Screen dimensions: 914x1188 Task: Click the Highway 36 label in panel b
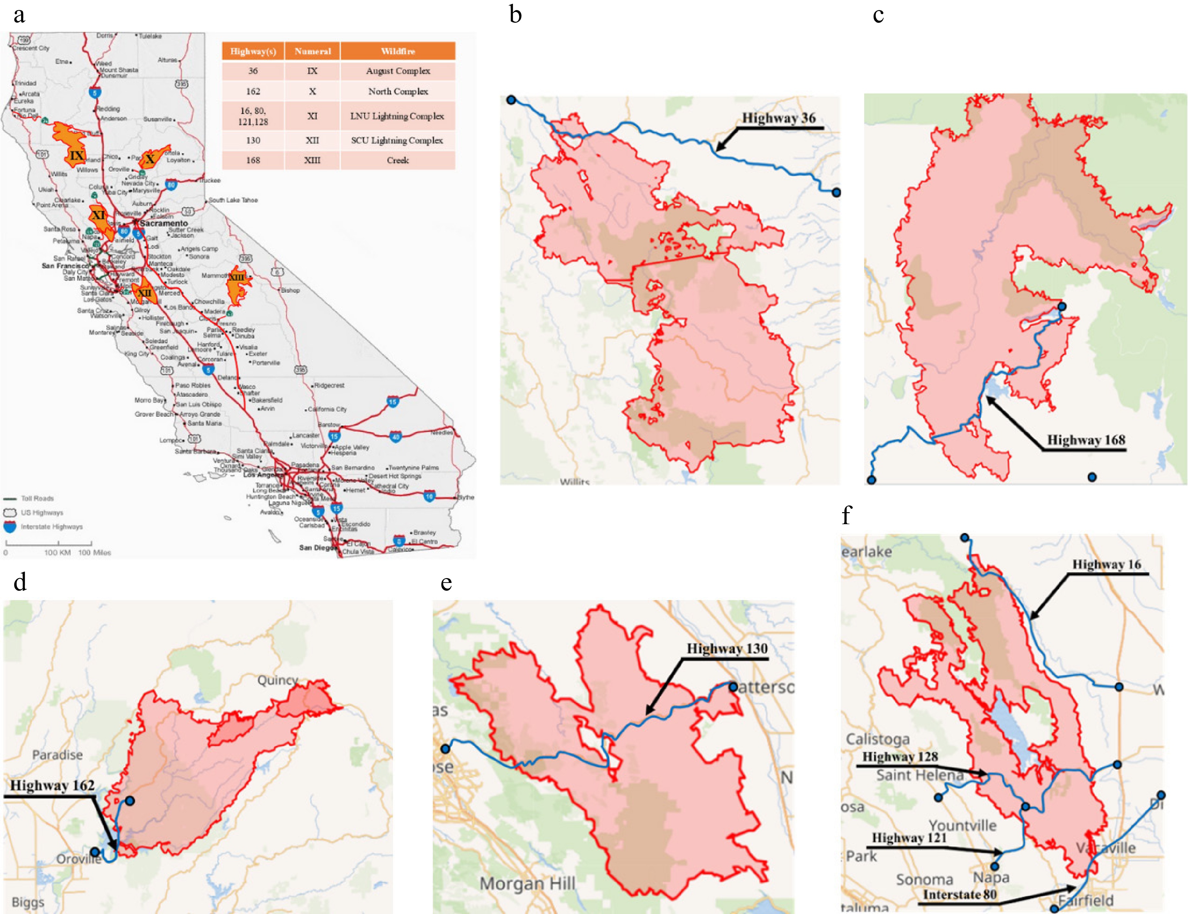click(778, 118)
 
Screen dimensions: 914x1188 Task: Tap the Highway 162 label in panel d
click(52, 785)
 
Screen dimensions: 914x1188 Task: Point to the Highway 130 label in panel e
click(727, 648)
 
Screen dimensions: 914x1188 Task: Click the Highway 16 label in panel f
click(1107, 564)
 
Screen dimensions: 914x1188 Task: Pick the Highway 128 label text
click(900, 756)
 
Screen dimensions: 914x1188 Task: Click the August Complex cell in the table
click(398, 71)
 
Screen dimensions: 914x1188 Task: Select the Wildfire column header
click(398, 51)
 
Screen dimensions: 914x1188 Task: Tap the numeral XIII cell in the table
click(312, 160)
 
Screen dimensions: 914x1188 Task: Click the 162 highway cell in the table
click(253, 92)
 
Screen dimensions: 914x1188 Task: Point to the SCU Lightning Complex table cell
click(397, 140)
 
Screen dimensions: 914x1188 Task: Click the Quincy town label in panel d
click(277, 680)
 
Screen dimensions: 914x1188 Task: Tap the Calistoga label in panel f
click(877, 739)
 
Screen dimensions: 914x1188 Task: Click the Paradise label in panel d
click(58, 755)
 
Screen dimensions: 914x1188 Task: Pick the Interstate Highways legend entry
click(51, 527)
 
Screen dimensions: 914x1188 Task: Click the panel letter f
click(846, 515)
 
